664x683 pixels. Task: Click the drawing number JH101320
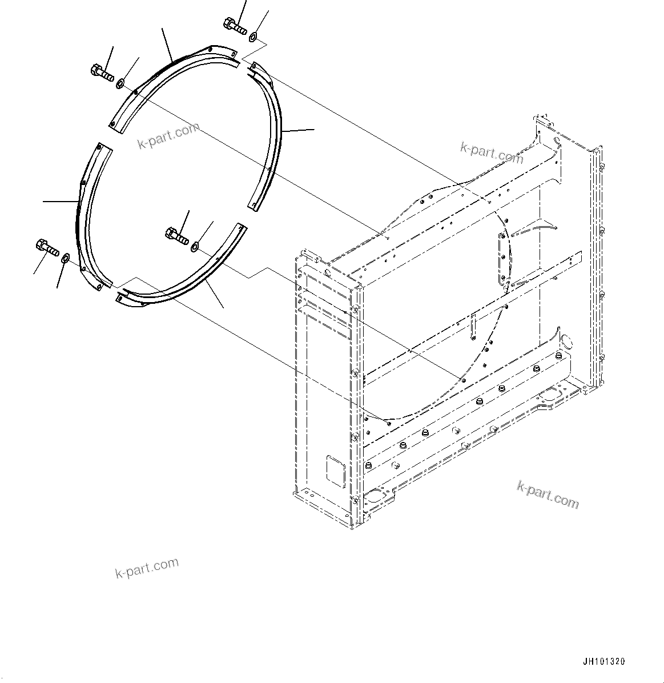(x=603, y=662)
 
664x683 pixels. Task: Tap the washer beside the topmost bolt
(x=253, y=38)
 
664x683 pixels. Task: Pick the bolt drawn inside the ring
(x=177, y=235)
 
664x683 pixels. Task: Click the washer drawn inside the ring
(x=195, y=246)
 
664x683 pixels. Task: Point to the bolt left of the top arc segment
(x=101, y=73)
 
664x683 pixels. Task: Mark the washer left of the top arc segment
(x=120, y=85)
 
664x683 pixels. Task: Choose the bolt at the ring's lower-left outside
(x=47, y=247)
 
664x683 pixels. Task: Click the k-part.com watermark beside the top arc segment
(x=169, y=135)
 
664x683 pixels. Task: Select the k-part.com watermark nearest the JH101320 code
(x=548, y=495)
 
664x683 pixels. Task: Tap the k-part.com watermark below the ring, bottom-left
(x=147, y=568)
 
